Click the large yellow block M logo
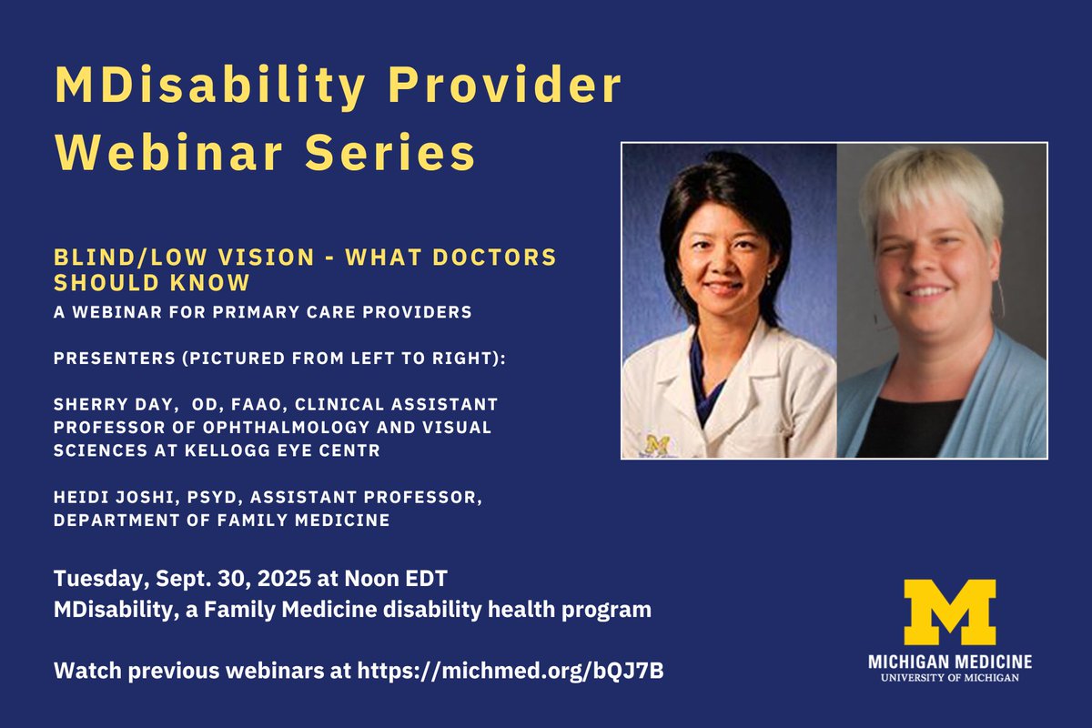tap(949, 612)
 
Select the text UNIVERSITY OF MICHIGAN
tap(949, 677)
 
